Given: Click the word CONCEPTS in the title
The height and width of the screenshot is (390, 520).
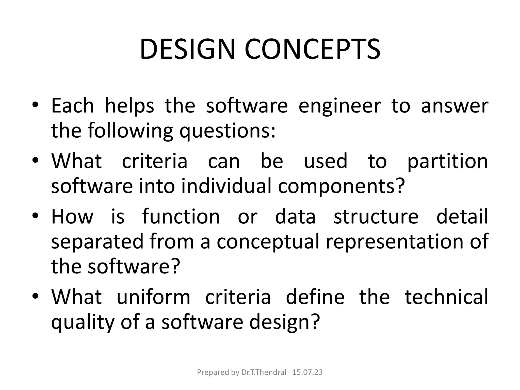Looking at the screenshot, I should (313, 49).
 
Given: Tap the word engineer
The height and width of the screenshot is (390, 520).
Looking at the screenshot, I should (340, 106).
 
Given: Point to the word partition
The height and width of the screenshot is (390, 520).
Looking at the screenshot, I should (447, 161).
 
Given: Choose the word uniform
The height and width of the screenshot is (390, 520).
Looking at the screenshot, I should (153, 297).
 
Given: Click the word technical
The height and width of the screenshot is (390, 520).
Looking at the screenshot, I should (446, 297).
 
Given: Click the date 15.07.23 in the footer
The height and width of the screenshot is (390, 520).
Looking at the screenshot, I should (307, 372).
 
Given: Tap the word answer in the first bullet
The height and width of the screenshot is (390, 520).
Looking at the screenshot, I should (454, 106).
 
